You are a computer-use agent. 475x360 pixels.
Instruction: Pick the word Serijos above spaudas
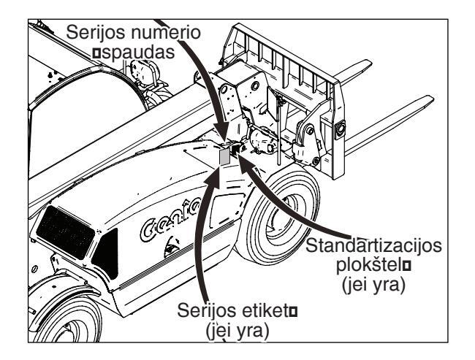point(95,33)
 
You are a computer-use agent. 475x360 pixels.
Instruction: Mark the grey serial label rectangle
point(224,156)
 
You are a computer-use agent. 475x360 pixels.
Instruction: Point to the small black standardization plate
point(235,150)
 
